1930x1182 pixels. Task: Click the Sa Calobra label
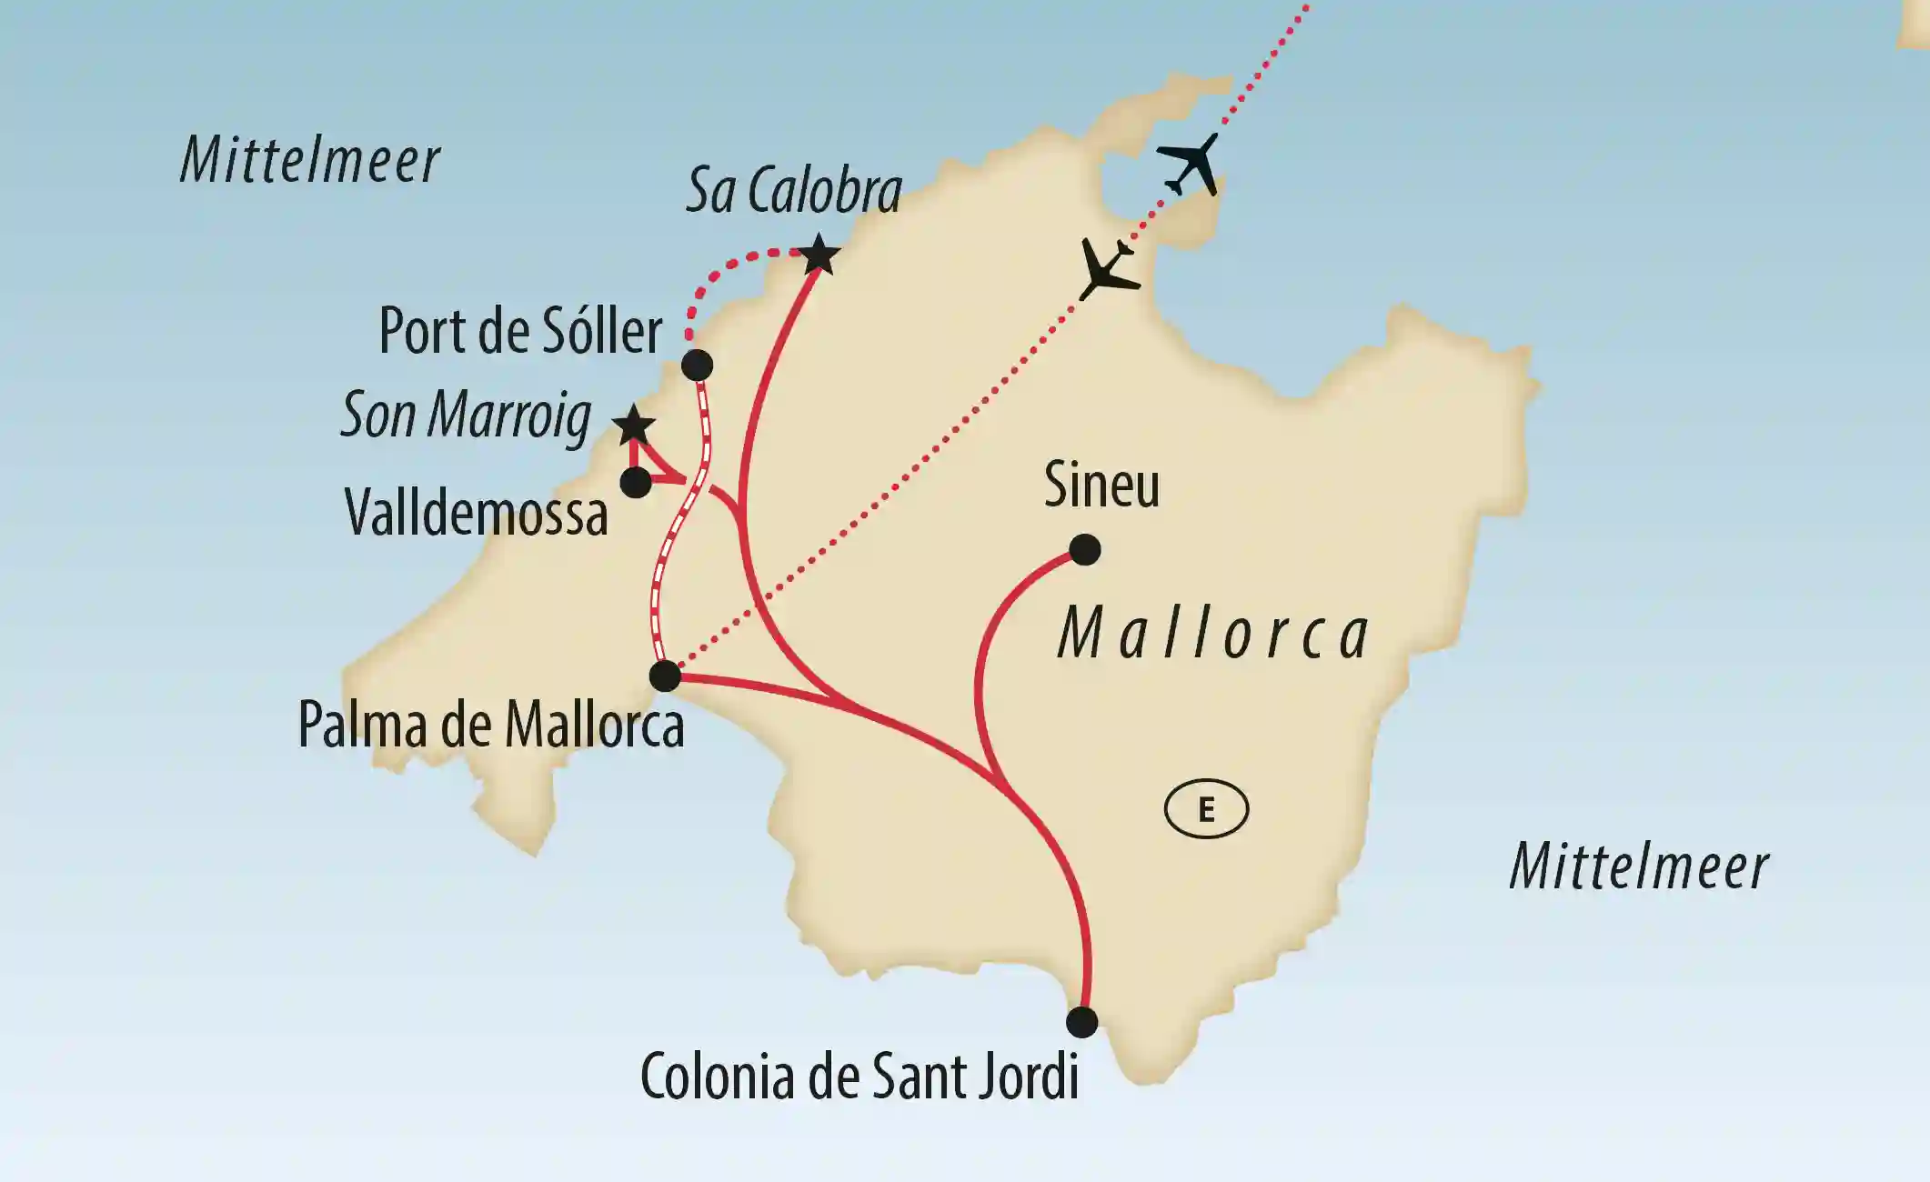[794, 191]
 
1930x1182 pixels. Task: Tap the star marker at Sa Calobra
[819, 255]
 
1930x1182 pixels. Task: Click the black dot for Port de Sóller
[697, 366]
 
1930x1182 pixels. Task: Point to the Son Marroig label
[466, 416]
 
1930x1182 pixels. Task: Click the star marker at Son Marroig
[633, 426]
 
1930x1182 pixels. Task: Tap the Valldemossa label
[477, 515]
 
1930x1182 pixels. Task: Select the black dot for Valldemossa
[636, 482]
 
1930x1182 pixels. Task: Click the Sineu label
[1101, 485]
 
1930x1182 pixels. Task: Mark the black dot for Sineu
[1085, 549]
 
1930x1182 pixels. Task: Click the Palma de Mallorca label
[491, 726]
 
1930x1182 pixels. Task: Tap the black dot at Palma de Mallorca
[665, 676]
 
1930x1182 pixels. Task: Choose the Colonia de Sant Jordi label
[859, 1077]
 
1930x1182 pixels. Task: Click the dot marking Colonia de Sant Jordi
[1081, 1022]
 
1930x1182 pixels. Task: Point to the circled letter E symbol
[1206, 808]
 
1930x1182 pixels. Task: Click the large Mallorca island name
[1214, 634]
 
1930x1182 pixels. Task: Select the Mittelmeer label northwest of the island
[310, 161]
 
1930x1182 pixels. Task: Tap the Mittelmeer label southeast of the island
[1639, 866]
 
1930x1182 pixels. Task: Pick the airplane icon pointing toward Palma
[1108, 269]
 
